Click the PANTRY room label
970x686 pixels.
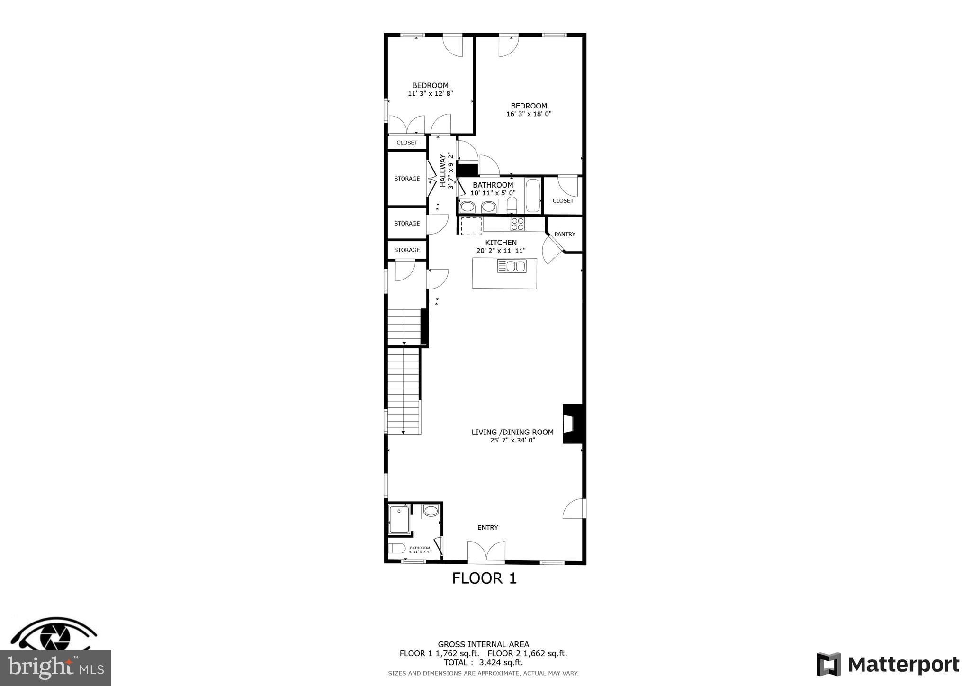click(565, 234)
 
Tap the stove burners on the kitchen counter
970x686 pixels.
click(517, 224)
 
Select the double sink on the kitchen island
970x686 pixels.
click(512, 266)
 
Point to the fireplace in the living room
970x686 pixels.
click(573, 424)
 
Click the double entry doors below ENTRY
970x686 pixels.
click(486, 552)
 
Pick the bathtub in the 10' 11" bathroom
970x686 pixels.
click(532, 196)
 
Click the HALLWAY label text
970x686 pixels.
click(443, 170)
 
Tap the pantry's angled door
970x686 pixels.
click(552, 249)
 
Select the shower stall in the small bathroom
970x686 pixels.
click(399, 520)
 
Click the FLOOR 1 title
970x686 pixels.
click(484, 578)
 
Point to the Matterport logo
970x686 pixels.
click(888, 665)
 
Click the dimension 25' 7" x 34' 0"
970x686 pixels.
click(512, 440)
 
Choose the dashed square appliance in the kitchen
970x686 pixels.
click(471, 226)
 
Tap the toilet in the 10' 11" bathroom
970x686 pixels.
click(512, 206)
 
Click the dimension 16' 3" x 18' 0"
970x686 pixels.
click(529, 114)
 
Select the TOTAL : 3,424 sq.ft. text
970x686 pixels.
click(483, 663)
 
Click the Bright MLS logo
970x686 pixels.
click(55, 668)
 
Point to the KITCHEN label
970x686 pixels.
click(501, 243)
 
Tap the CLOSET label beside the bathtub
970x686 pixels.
click(563, 201)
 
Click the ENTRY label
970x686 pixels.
click(487, 528)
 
